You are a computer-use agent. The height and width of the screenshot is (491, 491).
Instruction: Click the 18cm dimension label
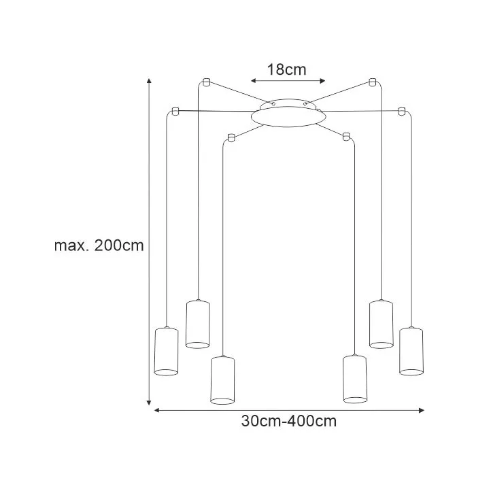(286, 69)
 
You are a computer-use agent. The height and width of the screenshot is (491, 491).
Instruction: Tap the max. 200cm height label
(99, 245)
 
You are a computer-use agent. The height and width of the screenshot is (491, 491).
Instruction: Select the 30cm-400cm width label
(289, 421)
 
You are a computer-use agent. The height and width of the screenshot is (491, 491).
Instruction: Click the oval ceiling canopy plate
(288, 116)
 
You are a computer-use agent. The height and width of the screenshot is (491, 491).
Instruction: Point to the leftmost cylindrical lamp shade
(167, 352)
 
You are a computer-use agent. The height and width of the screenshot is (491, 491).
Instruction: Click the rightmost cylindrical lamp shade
(411, 351)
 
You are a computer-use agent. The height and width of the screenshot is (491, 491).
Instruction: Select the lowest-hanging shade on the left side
(222, 380)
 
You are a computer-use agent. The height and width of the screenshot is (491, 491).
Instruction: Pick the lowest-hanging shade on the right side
(355, 379)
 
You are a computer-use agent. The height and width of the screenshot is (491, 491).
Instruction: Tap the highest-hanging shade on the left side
(198, 324)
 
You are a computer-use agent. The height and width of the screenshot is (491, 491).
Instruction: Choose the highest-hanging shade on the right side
(381, 324)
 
